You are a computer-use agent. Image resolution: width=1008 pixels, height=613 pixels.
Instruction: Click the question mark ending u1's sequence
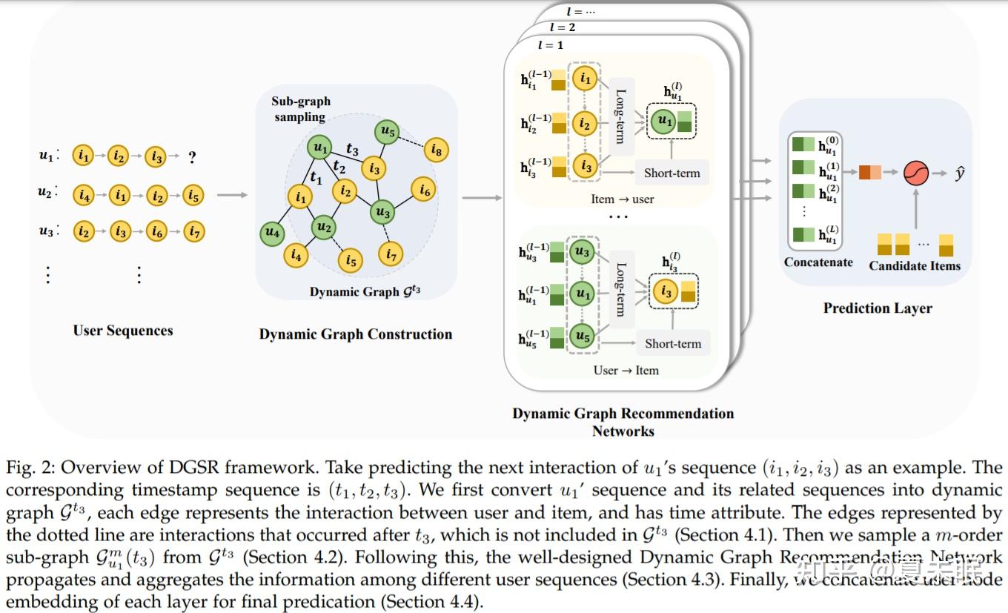(x=192, y=157)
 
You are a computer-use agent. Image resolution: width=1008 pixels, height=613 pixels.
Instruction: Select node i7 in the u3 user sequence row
(x=194, y=232)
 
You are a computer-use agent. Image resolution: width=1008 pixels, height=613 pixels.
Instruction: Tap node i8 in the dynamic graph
(x=436, y=151)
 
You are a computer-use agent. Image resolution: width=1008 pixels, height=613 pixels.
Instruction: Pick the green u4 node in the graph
(x=273, y=233)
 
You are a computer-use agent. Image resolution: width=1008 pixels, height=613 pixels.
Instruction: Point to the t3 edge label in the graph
(x=352, y=150)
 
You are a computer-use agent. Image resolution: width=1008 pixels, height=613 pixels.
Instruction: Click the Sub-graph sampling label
(x=300, y=109)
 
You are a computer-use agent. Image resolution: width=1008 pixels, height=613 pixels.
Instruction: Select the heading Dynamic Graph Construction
(x=355, y=334)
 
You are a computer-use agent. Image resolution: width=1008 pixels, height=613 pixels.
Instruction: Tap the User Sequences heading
(x=122, y=331)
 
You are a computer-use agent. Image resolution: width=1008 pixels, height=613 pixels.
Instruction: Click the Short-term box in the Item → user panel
(x=672, y=173)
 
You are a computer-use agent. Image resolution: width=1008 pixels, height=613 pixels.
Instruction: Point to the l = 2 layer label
(x=563, y=27)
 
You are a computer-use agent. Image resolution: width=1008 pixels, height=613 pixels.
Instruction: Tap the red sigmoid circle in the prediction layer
(x=915, y=173)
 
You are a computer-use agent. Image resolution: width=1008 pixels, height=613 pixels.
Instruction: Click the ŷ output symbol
(x=960, y=173)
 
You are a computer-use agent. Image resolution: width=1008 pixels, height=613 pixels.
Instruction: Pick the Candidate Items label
(x=914, y=265)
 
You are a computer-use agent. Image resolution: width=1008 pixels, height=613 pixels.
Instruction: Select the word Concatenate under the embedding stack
(x=818, y=262)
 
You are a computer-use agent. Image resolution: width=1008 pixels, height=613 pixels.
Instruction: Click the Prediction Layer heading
(x=878, y=308)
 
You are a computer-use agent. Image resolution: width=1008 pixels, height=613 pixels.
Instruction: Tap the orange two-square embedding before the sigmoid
(x=870, y=173)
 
